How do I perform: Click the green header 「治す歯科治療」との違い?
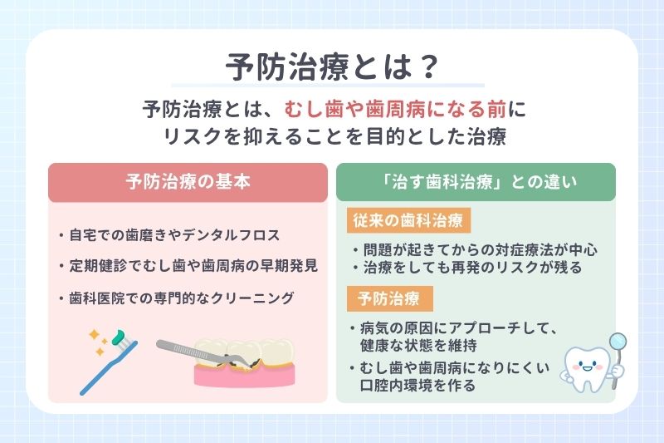[476, 182]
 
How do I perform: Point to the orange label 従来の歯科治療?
[409, 220]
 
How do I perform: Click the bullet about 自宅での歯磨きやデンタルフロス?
[182, 236]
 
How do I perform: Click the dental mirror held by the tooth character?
[618, 342]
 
